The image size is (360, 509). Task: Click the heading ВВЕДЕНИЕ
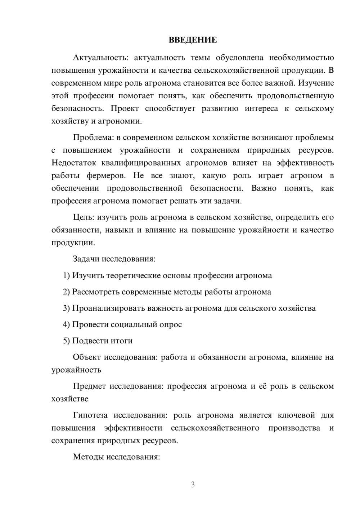(193, 40)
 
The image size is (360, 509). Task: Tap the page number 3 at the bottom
(193, 485)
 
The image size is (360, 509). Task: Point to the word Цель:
(84, 217)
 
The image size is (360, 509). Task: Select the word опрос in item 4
(170, 325)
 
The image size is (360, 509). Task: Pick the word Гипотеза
(90, 415)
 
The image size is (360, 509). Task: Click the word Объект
(86, 357)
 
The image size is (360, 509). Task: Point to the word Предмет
(89, 386)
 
